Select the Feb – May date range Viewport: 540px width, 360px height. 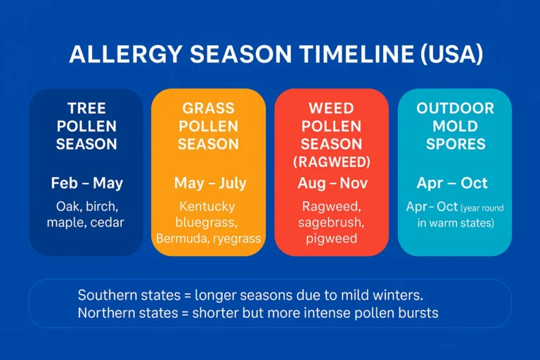(x=86, y=184)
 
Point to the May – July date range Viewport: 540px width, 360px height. (x=210, y=184)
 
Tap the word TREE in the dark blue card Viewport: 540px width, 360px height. (x=86, y=109)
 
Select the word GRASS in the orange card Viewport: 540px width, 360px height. (x=209, y=109)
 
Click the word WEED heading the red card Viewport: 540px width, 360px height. (x=330, y=109)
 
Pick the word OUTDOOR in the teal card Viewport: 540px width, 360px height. (x=455, y=109)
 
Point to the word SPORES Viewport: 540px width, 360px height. (x=455, y=144)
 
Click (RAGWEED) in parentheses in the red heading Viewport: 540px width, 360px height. (x=330, y=161)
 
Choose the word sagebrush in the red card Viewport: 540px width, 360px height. (x=330, y=223)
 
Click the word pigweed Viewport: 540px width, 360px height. (x=330, y=239)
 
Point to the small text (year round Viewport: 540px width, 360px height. (x=482, y=208)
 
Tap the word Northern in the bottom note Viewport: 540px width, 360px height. (x=106, y=313)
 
